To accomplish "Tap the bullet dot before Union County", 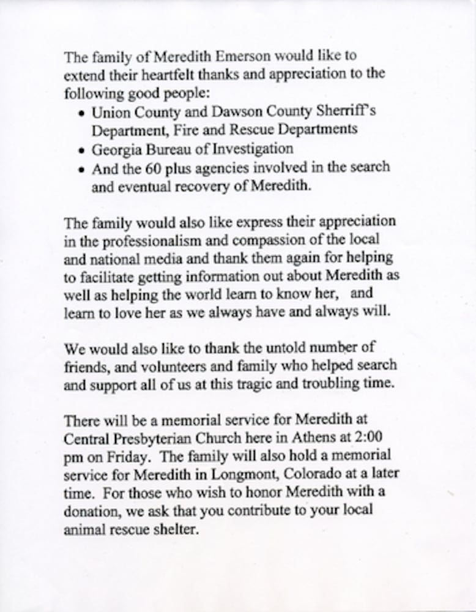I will tap(83, 114).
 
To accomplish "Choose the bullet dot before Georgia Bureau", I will tap(83, 150).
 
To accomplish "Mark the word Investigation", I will tap(250, 149).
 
